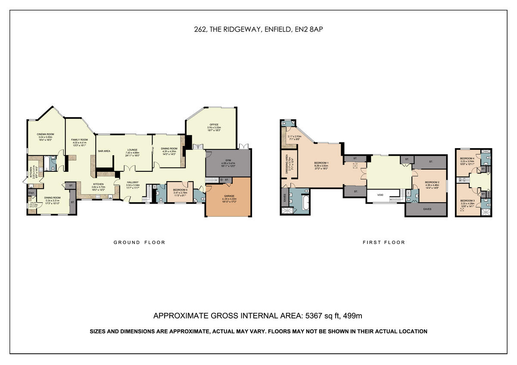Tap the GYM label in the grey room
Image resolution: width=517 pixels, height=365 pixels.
[228, 160]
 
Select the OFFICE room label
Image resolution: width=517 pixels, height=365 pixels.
[214, 125]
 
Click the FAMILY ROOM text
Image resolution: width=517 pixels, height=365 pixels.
[79, 140]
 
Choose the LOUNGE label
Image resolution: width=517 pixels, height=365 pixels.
[132, 149]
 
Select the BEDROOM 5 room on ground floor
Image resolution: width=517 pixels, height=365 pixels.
[180, 190]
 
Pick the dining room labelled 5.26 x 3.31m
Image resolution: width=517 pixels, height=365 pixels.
[51, 198]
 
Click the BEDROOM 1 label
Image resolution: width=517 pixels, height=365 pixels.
[321, 162]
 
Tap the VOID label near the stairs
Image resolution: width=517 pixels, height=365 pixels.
[380, 195]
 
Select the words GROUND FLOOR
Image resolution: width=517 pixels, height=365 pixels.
[139, 242]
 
